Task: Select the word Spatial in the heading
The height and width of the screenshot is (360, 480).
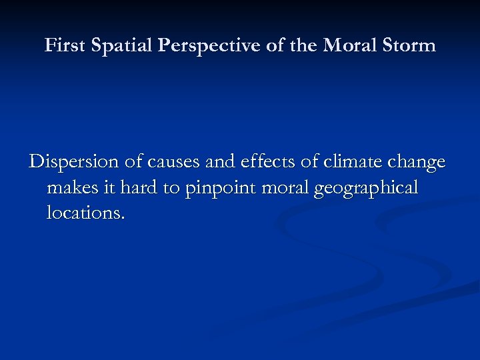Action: pyautogui.click(x=116, y=45)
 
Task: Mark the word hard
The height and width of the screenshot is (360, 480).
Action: pyautogui.click(x=139, y=188)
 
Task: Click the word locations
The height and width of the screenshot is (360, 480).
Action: pyautogui.click(x=85, y=213)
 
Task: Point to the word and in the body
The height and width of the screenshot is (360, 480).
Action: pyautogui.click(x=211, y=163)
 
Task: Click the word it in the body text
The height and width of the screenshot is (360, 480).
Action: pyautogui.click(x=110, y=188)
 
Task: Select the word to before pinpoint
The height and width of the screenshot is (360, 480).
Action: pyautogui.click(x=172, y=188)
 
